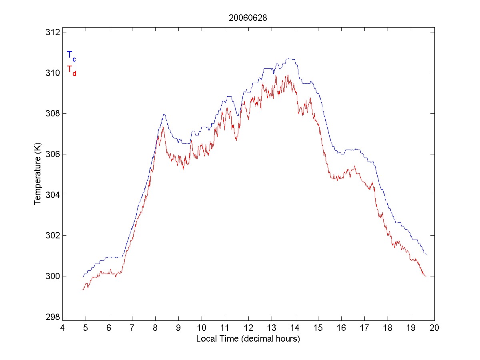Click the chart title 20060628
point(248,18)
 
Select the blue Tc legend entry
point(71,56)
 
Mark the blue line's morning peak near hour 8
point(164,114)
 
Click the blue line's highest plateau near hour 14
point(290,59)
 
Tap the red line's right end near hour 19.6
point(426,276)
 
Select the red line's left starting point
point(83,289)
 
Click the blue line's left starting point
point(83,276)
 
